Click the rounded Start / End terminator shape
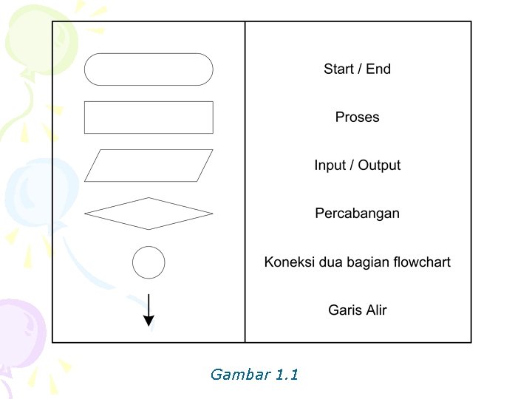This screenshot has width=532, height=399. pos(149,69)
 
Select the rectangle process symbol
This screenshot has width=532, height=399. pos(149,117)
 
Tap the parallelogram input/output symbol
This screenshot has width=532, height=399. pos(149,166)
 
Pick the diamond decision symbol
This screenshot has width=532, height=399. pos(149,214)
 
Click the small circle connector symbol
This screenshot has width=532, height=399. pos(149,262)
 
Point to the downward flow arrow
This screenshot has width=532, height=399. pos(149,310)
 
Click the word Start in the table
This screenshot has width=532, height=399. pos(338,69)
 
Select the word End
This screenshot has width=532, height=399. pos(378,69)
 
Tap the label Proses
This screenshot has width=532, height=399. pos(357,117)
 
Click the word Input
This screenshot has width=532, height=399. pos(330,166)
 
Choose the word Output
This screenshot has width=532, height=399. pos(379,166)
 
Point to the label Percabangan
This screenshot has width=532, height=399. pos(357,214)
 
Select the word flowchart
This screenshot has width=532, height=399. pos(422,262)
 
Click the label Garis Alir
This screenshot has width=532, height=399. pos(357,310)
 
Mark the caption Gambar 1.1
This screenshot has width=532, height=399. pos(254,375)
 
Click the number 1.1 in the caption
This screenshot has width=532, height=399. pos(286,375)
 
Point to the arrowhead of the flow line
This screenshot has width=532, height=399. pos(149,321)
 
